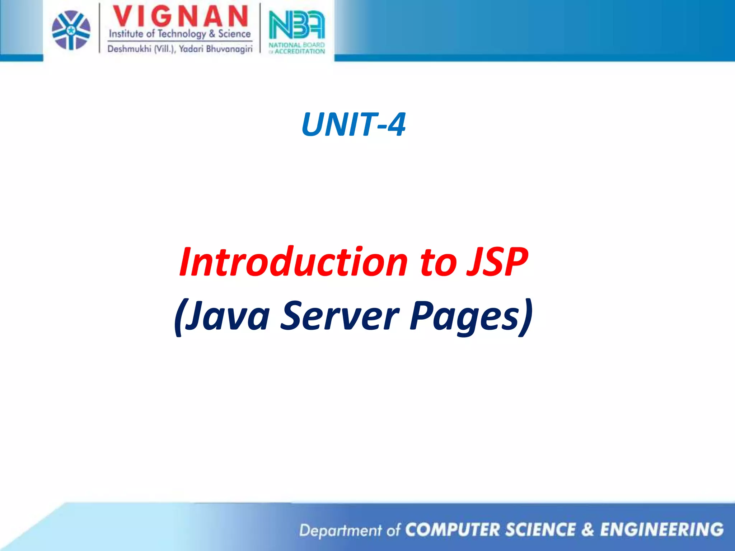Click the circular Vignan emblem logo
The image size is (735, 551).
tap(71, 30)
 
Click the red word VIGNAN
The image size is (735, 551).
tap(180, 17)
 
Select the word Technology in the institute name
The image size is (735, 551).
tap(182, 34)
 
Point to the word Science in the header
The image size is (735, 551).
tap(234, 34)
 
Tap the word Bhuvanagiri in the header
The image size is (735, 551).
tap(229, 49)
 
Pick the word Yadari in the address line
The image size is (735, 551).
tap(191, 49)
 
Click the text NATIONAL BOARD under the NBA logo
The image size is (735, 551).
tap(296, 45)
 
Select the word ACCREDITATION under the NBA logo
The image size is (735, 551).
tap(300, 51)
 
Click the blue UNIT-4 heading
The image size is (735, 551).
tap(354, 124)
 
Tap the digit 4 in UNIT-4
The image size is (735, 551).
tap(397, 124)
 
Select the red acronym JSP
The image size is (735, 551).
tap(497, 262)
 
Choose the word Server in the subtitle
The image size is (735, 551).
tap(339, 316)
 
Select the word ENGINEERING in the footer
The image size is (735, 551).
tap(662, 530)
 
